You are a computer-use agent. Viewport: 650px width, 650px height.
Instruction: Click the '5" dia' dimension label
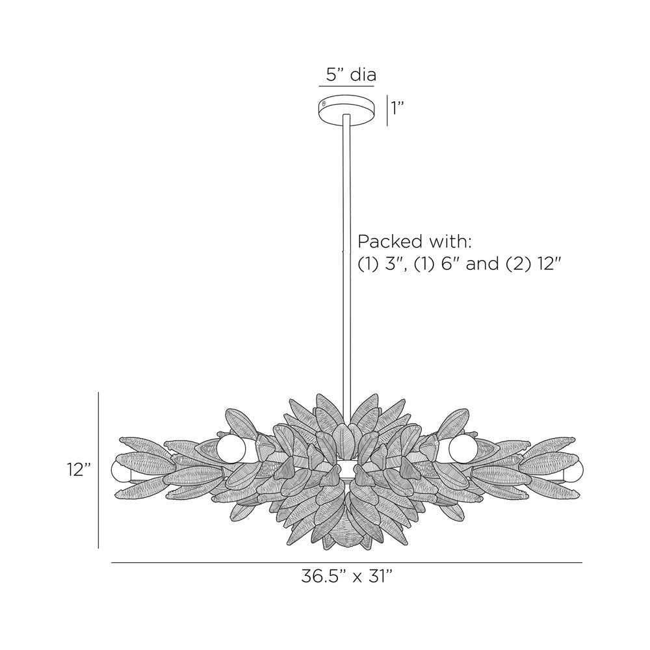(x=350, y=75)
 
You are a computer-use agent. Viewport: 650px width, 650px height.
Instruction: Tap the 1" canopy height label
(x=397, y=109)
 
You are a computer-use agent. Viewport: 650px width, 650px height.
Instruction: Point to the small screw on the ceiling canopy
(x=324, y=103)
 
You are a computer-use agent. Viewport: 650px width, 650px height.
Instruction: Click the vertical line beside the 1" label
(x=388, y=110)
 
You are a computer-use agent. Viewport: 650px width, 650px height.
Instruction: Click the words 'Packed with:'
(x=414, y=242)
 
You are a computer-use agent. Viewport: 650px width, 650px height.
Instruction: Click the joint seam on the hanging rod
(x=344, y=248)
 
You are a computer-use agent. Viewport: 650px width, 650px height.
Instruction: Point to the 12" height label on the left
(x=78, y=470)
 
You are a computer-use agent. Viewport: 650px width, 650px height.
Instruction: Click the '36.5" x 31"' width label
(x=347, y=576)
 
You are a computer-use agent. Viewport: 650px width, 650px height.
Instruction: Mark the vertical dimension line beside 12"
(x=98, y=470)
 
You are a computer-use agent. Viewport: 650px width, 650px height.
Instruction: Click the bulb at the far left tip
(x=120, y=471)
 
